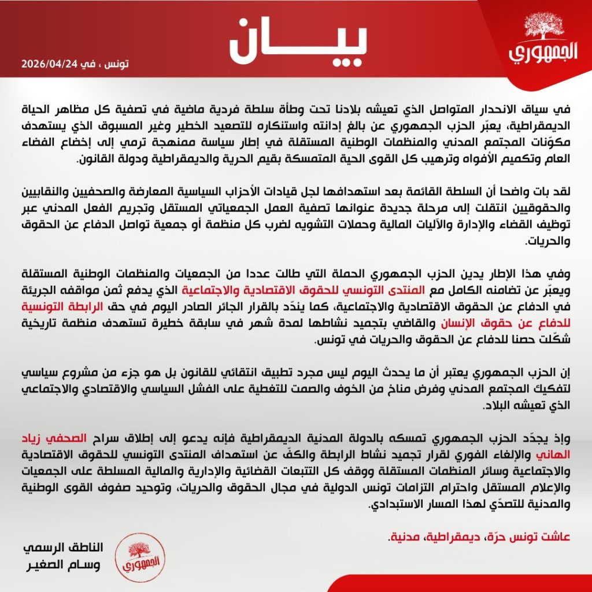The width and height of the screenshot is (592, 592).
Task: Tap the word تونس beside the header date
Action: pyautogui.click(x=115, y=64)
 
